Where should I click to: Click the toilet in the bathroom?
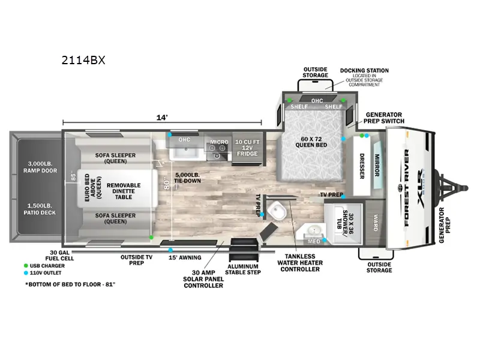point(277,211)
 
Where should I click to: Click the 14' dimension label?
point(162,118)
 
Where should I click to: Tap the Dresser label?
point(362,169)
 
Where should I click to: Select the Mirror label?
point(377,166)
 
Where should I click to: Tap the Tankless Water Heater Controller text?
point(299,262)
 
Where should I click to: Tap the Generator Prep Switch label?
point(385,118)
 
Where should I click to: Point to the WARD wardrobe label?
point(376,220)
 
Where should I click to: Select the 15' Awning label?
point(180,257)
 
